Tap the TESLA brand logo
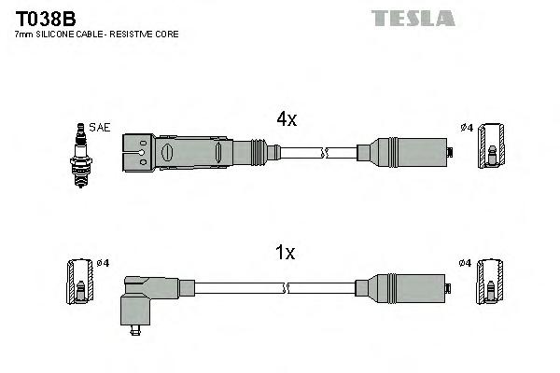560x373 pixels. tap(413, 18)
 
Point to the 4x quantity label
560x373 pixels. tap(286, 119)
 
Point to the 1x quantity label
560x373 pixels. tap(286, 252)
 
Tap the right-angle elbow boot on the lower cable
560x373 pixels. tap(144, 297)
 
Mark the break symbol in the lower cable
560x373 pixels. tap(324, 284)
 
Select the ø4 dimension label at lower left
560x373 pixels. tap(103, 264)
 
